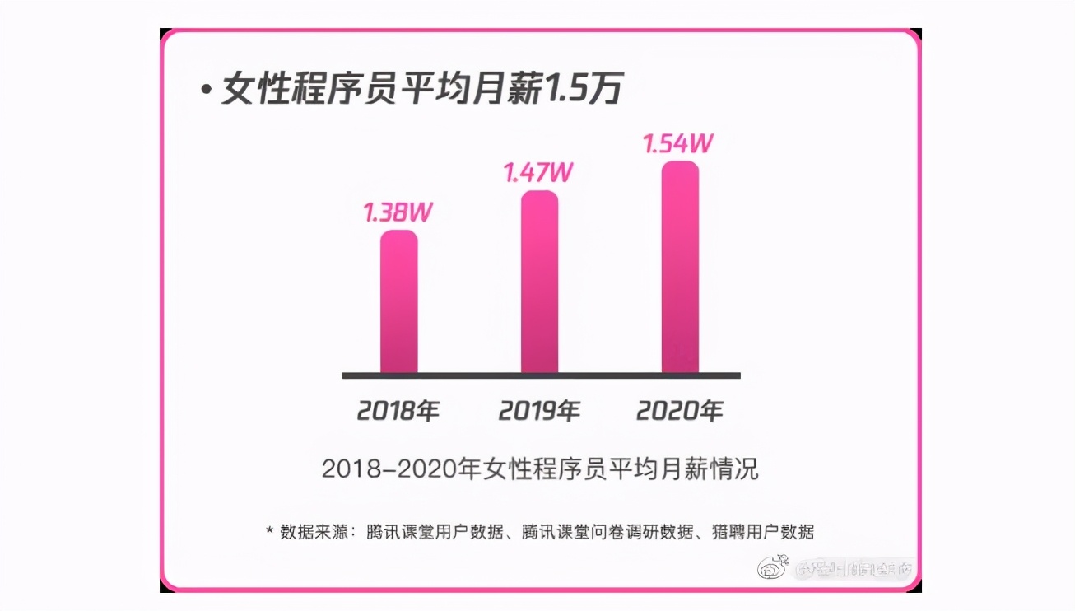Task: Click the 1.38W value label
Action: (x=398, y=212)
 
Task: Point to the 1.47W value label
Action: (x=539, y=174)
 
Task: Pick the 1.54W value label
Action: (x=677, y=143)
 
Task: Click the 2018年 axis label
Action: (x=398, y=410)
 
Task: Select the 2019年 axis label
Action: (x=539, y=410)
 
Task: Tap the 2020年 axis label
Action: (x=680, y=410)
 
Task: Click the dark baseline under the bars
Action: (x=541, y=375)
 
